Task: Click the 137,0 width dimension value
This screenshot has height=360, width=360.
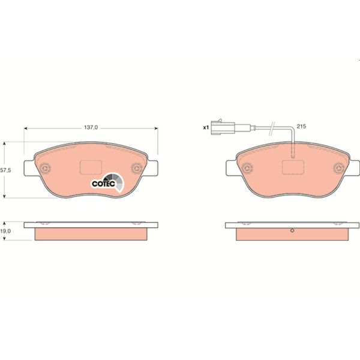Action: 90,127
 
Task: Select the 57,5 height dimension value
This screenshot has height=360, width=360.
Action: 5,170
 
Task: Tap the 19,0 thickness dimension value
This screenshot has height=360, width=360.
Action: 5,230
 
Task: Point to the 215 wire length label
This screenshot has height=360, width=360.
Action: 302,127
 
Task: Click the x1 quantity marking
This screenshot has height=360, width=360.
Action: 206,127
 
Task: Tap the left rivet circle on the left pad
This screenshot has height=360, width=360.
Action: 44,169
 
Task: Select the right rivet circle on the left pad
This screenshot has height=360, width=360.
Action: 135,169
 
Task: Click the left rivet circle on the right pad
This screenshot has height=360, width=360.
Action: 245,169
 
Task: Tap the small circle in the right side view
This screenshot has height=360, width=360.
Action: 292,232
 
